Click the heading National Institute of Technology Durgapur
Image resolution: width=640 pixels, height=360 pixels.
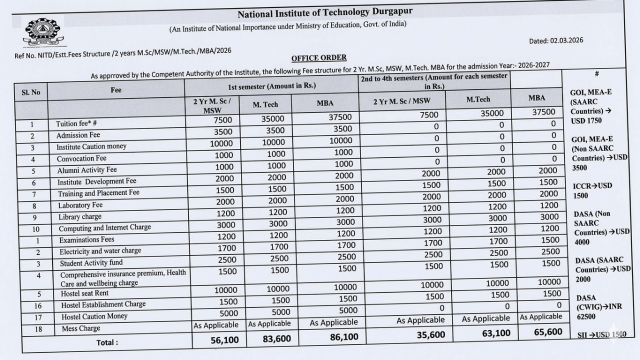click(325, 12)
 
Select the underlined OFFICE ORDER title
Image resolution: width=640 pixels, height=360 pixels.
click(319, 57)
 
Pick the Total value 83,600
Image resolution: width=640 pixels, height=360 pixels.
click(276, 338)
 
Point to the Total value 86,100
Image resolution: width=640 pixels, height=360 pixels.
click(344, 337)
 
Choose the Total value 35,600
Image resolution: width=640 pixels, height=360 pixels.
click(430, 335)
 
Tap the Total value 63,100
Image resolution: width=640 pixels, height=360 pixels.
click(497, 333)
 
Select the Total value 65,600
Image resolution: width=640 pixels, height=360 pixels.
click(547, 331)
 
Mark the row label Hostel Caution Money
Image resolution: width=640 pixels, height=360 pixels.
click(94, 316)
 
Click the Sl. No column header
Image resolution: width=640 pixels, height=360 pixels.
click(31, 92)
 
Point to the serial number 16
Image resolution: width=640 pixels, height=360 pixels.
click(38, 305)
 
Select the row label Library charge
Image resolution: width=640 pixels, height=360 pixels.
click(80, 217)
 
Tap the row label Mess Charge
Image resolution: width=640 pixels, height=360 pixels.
click(81, 328)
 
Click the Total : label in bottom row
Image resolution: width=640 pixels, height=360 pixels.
click(107, 342)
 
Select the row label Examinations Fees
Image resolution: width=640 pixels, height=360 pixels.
click(87, 240)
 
